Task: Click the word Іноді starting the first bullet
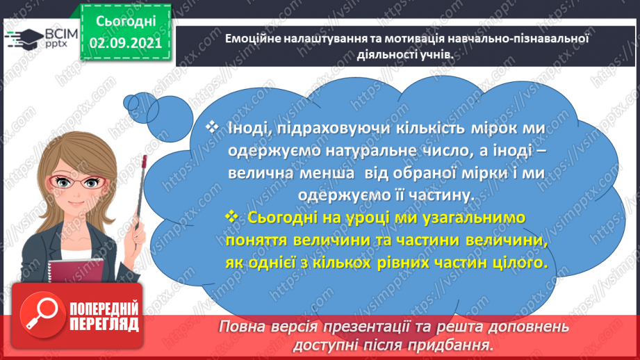pyautogui.click(x=242, y=129)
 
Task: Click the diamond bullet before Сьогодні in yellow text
pyautogui.click(x=232, y=218)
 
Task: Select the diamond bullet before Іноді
pyautogui.click(x=213, y=129)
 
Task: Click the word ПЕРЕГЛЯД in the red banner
pyautogui.click(x=104, y=325)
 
